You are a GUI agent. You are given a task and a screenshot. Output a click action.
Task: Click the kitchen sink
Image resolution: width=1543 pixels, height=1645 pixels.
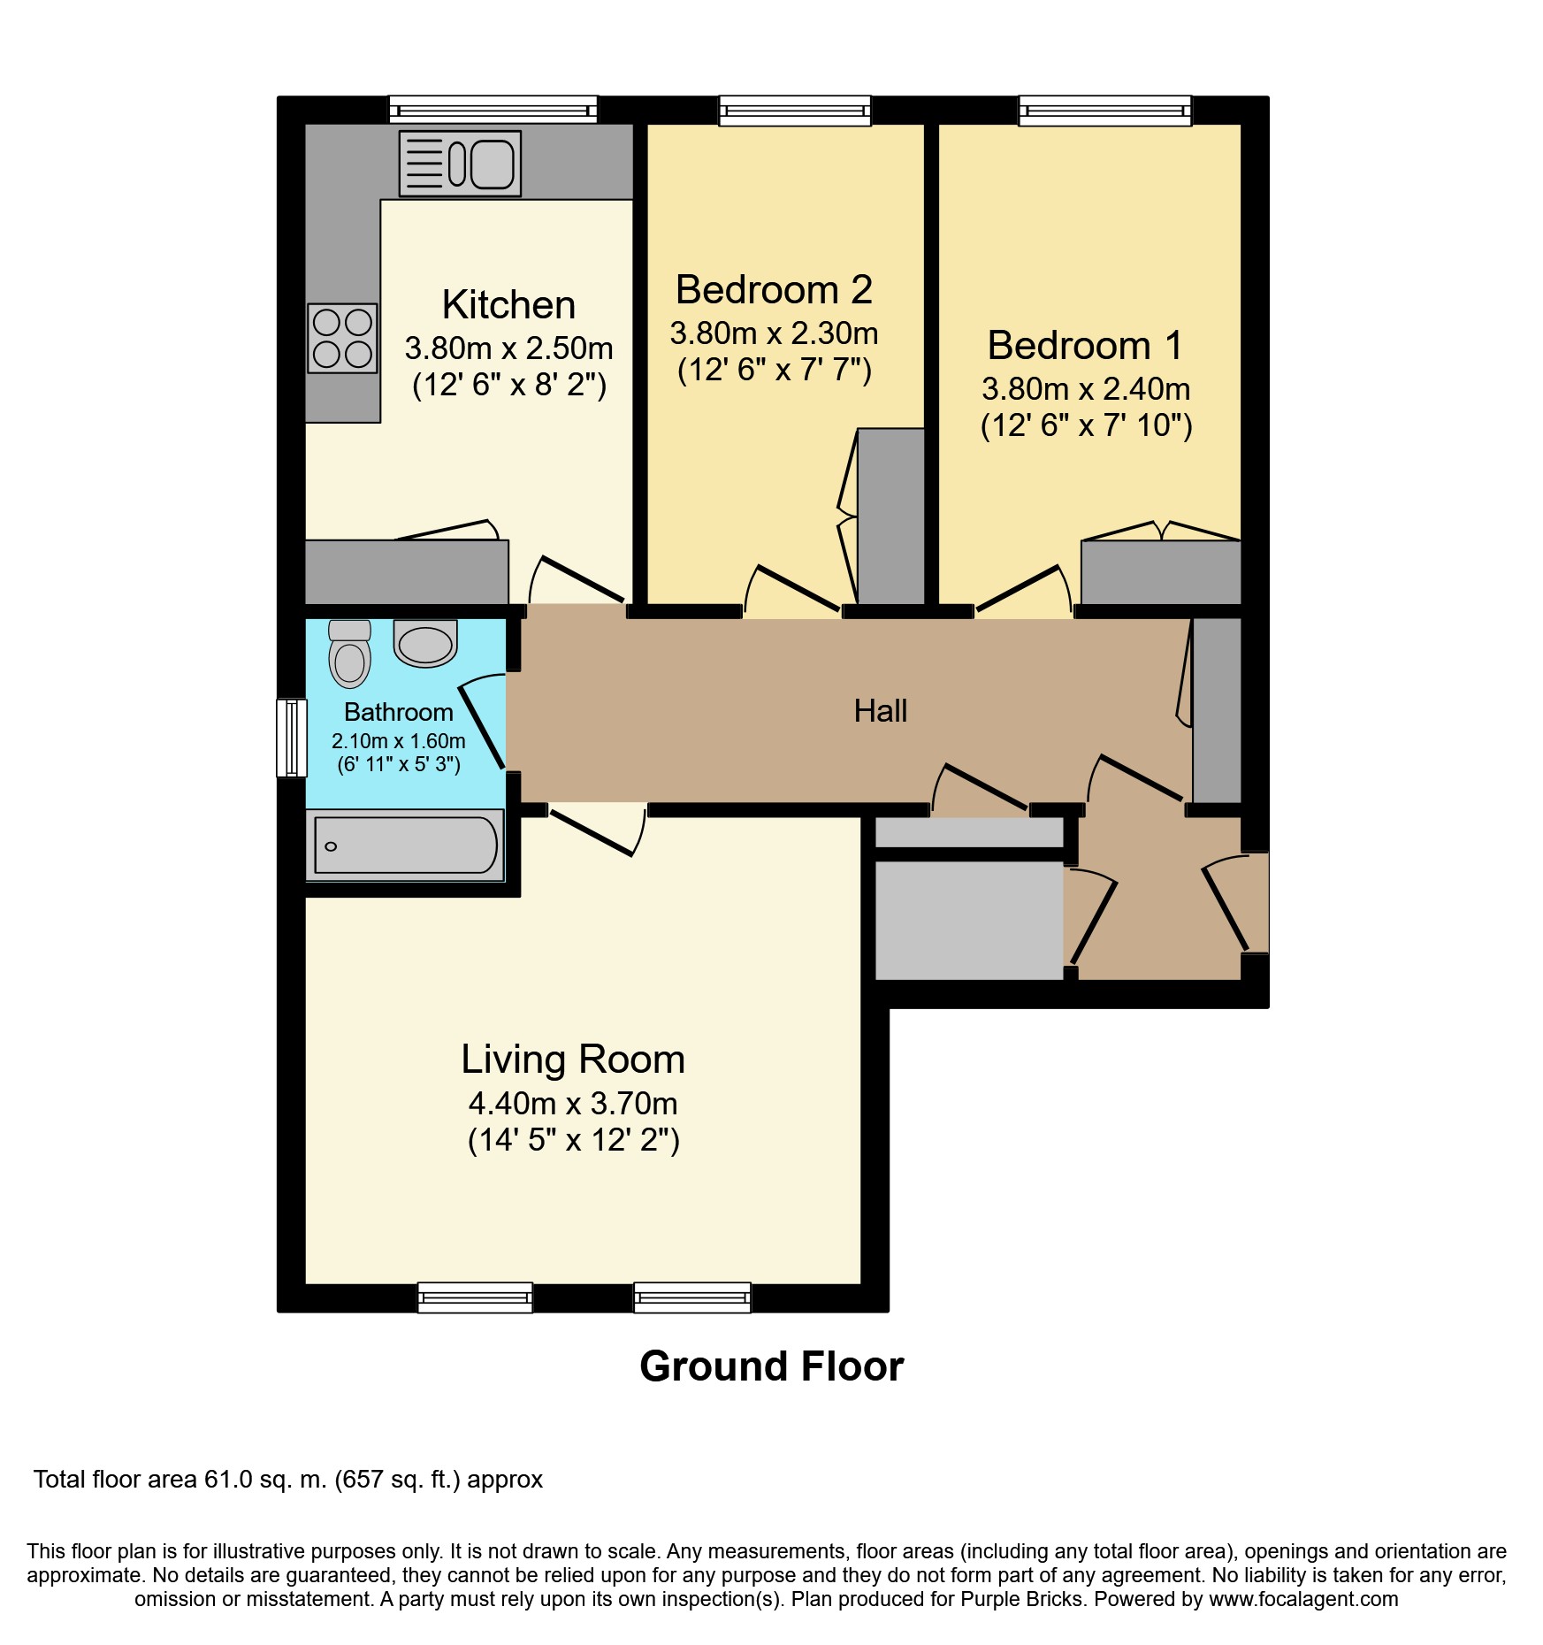coord(460,164)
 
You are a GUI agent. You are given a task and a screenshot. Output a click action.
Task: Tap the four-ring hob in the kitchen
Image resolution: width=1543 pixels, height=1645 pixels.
coord(342,338)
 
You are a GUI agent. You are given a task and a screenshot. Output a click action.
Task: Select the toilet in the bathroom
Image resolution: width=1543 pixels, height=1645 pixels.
coord(349,654)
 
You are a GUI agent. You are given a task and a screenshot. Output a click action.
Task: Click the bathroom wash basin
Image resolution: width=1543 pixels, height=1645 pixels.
coord(425,643)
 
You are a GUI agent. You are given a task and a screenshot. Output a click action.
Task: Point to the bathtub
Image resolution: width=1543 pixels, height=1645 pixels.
coord(405,845)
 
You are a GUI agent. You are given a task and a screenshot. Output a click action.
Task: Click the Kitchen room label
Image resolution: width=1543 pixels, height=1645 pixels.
coord(508,305)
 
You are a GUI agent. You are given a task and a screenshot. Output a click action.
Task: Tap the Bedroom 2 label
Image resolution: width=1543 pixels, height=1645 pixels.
coord(774,290)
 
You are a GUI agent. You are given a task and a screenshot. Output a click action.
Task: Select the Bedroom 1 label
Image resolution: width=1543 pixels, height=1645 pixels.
coord(1085,345)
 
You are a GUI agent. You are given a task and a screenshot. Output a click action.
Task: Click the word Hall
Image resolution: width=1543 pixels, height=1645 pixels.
coord(881,711)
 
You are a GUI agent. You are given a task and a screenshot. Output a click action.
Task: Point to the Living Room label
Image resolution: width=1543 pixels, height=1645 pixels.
coord(573,1060)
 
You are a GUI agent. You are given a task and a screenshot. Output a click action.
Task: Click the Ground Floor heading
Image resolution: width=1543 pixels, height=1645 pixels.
coord(772,1366)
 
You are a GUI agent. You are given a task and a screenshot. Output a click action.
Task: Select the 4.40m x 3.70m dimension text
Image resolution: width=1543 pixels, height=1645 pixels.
coord(573,1104)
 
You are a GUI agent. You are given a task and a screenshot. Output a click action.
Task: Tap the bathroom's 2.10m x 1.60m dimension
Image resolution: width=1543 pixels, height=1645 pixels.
coord(399,741)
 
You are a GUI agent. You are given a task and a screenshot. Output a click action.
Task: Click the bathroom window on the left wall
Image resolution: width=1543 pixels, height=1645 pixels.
coord(292,738)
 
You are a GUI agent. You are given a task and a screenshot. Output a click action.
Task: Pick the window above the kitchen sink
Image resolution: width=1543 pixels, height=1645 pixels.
coord(493,110)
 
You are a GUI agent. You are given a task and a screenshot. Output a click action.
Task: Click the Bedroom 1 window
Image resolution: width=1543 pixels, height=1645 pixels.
coord(1105,110)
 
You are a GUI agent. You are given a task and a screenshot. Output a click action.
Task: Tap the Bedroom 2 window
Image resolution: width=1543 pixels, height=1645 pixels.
coord(795,110)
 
